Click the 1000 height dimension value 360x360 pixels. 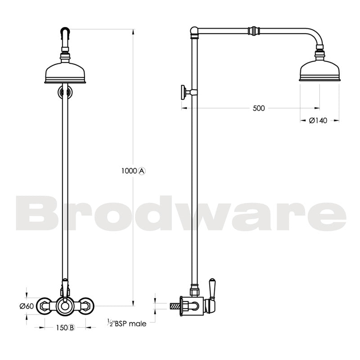click(x=129, y=171)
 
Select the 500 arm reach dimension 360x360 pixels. click(x=258, y=108)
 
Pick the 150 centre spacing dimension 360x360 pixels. click(x=61, y=327)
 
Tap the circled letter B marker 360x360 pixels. click(x=72, y=327)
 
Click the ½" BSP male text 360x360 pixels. click(x=126, y=323)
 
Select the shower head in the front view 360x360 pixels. click(x=66, y=73)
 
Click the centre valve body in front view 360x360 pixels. click(x=66, y=306)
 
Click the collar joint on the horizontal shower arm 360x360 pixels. click(x=254, y=31)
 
